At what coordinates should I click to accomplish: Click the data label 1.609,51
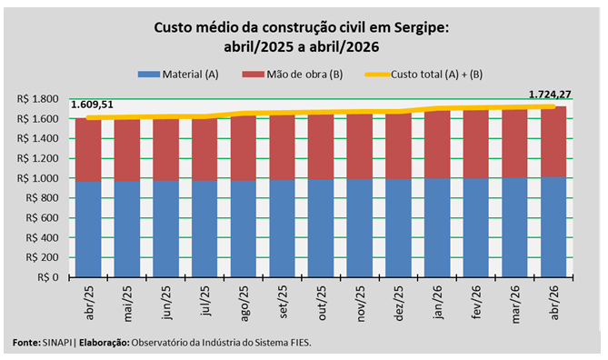pyautogui.click(x=92, y=105)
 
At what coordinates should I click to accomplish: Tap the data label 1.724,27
pyautogui.click(x=550, y=95)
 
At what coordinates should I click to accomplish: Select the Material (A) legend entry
pyautogui.click(x=178, y=75)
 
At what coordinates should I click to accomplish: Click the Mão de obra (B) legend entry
pyautogui.click(x=293, y=75)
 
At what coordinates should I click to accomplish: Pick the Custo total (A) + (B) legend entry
pyautogui.click(x=424, y=75)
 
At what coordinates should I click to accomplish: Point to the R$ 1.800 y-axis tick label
pyautogui.click(x=37, y=99)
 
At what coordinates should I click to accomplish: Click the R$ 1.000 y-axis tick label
pyautogui.click(x=37, y=178)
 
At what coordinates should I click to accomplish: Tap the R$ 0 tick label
pyautogui.click(x=48, y=277)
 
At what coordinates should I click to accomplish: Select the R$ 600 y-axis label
pyautogui.click(x=43, y=218)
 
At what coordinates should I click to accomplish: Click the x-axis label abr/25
pyautogui.click(x=89, y=303)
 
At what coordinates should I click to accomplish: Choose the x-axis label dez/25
pyautogui.click(x=399, y=303)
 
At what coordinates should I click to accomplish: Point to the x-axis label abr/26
pyautogui.click(x=554, y=303)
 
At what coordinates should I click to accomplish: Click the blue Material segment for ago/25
pyautogui.click(x=244, y=229)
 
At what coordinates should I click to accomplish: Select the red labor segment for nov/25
pyautogui.click(x=360, y=145)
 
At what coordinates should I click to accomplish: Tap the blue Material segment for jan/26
pyautogui.click(x=437, y=227)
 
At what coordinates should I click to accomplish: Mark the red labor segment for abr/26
pyautogui.click(x=553, y=142)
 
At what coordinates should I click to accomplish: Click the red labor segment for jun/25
pyautogui.click(x=165, y=149)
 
